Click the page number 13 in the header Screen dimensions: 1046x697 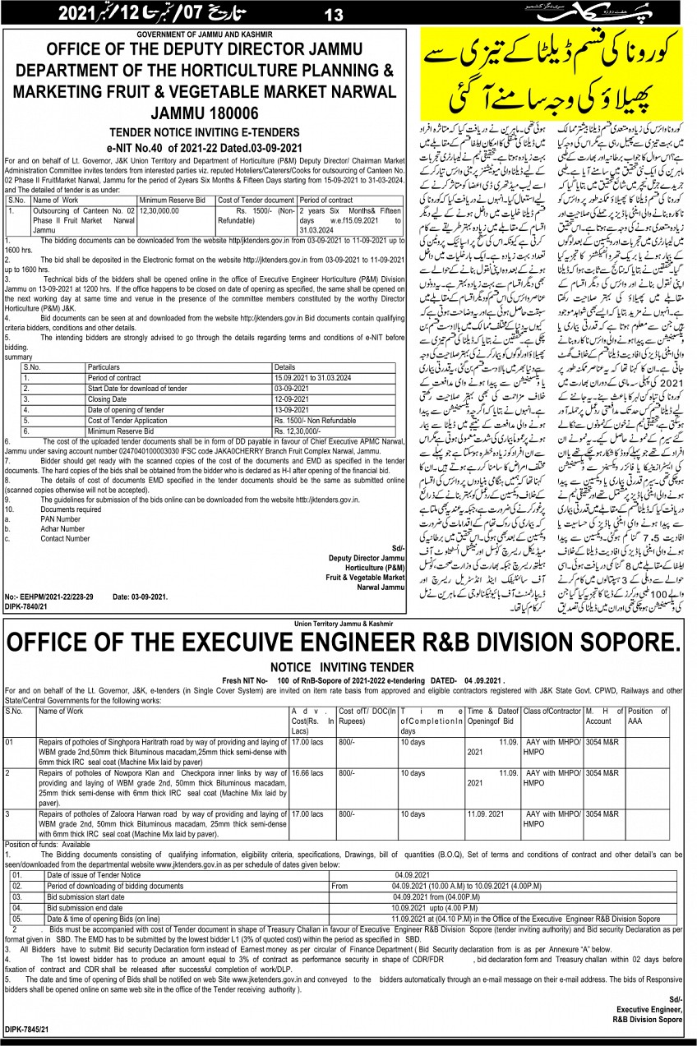point(334,14)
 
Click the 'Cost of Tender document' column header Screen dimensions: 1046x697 point(256,200)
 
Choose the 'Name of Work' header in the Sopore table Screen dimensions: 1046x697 point(61,711)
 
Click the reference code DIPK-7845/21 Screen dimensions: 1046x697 point(26,1028)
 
